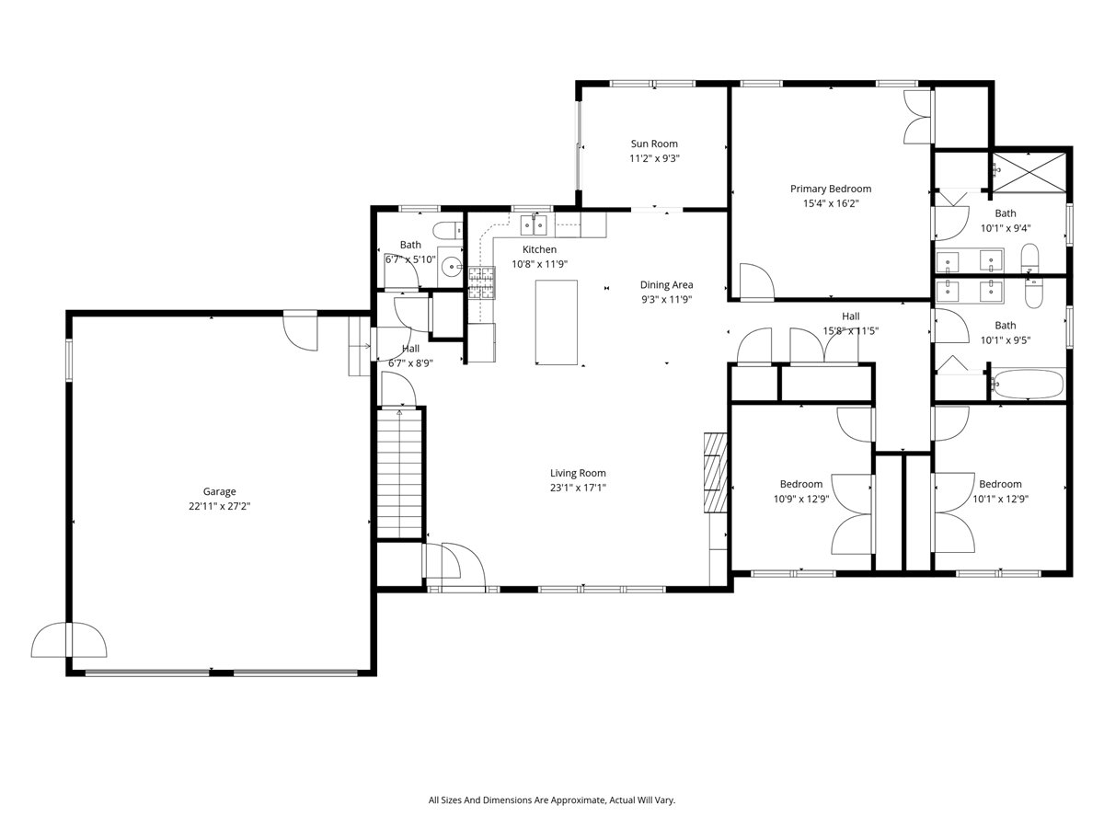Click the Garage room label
[x=220, y=491]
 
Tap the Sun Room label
[x=653, y=144]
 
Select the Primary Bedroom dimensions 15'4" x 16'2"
[x=830, y=204]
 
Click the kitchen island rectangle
[x=557, y=323]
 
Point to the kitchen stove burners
[x=481, y=282]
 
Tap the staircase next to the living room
[x=400, y=474]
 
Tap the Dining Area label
[x=666, y=285]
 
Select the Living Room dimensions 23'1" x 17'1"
[x=578, y=488]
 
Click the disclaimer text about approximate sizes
[x=552, y=800]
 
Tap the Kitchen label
[x=539, y=249]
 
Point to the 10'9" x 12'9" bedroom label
[x=800, y=484]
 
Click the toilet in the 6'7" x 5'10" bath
[x=449, y=231]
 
